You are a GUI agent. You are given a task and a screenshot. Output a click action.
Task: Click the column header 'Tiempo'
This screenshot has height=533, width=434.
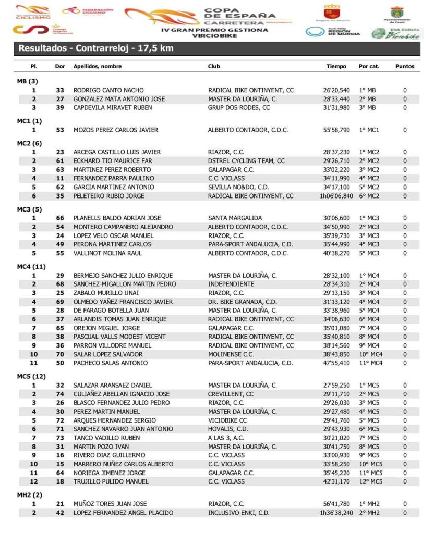[x=336, y=67]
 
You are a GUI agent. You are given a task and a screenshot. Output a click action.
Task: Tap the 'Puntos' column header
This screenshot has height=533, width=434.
[x=405, y=67]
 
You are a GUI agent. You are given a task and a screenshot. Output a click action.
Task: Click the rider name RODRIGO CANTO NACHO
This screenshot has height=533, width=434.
[x=108, y=90]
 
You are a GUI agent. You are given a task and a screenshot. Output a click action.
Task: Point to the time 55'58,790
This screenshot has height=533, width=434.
[x=336, y=130]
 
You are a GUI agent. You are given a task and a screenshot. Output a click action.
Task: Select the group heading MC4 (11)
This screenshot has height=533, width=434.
[x=32, y=267]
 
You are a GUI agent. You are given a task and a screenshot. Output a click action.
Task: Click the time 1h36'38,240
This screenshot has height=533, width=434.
[x=336, y=513]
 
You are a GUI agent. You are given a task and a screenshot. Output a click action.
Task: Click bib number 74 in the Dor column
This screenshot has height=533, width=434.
[x=60, y=394]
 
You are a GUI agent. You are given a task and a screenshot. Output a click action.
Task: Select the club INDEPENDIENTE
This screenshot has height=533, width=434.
[x=231, y=284]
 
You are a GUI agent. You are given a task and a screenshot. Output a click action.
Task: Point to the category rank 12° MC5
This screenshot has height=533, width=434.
[x=370, y=482]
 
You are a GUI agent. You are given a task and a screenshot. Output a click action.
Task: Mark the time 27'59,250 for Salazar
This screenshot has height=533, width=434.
[x=336, y=386]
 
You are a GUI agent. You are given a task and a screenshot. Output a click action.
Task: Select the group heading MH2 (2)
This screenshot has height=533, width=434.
[x=30, y=495]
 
